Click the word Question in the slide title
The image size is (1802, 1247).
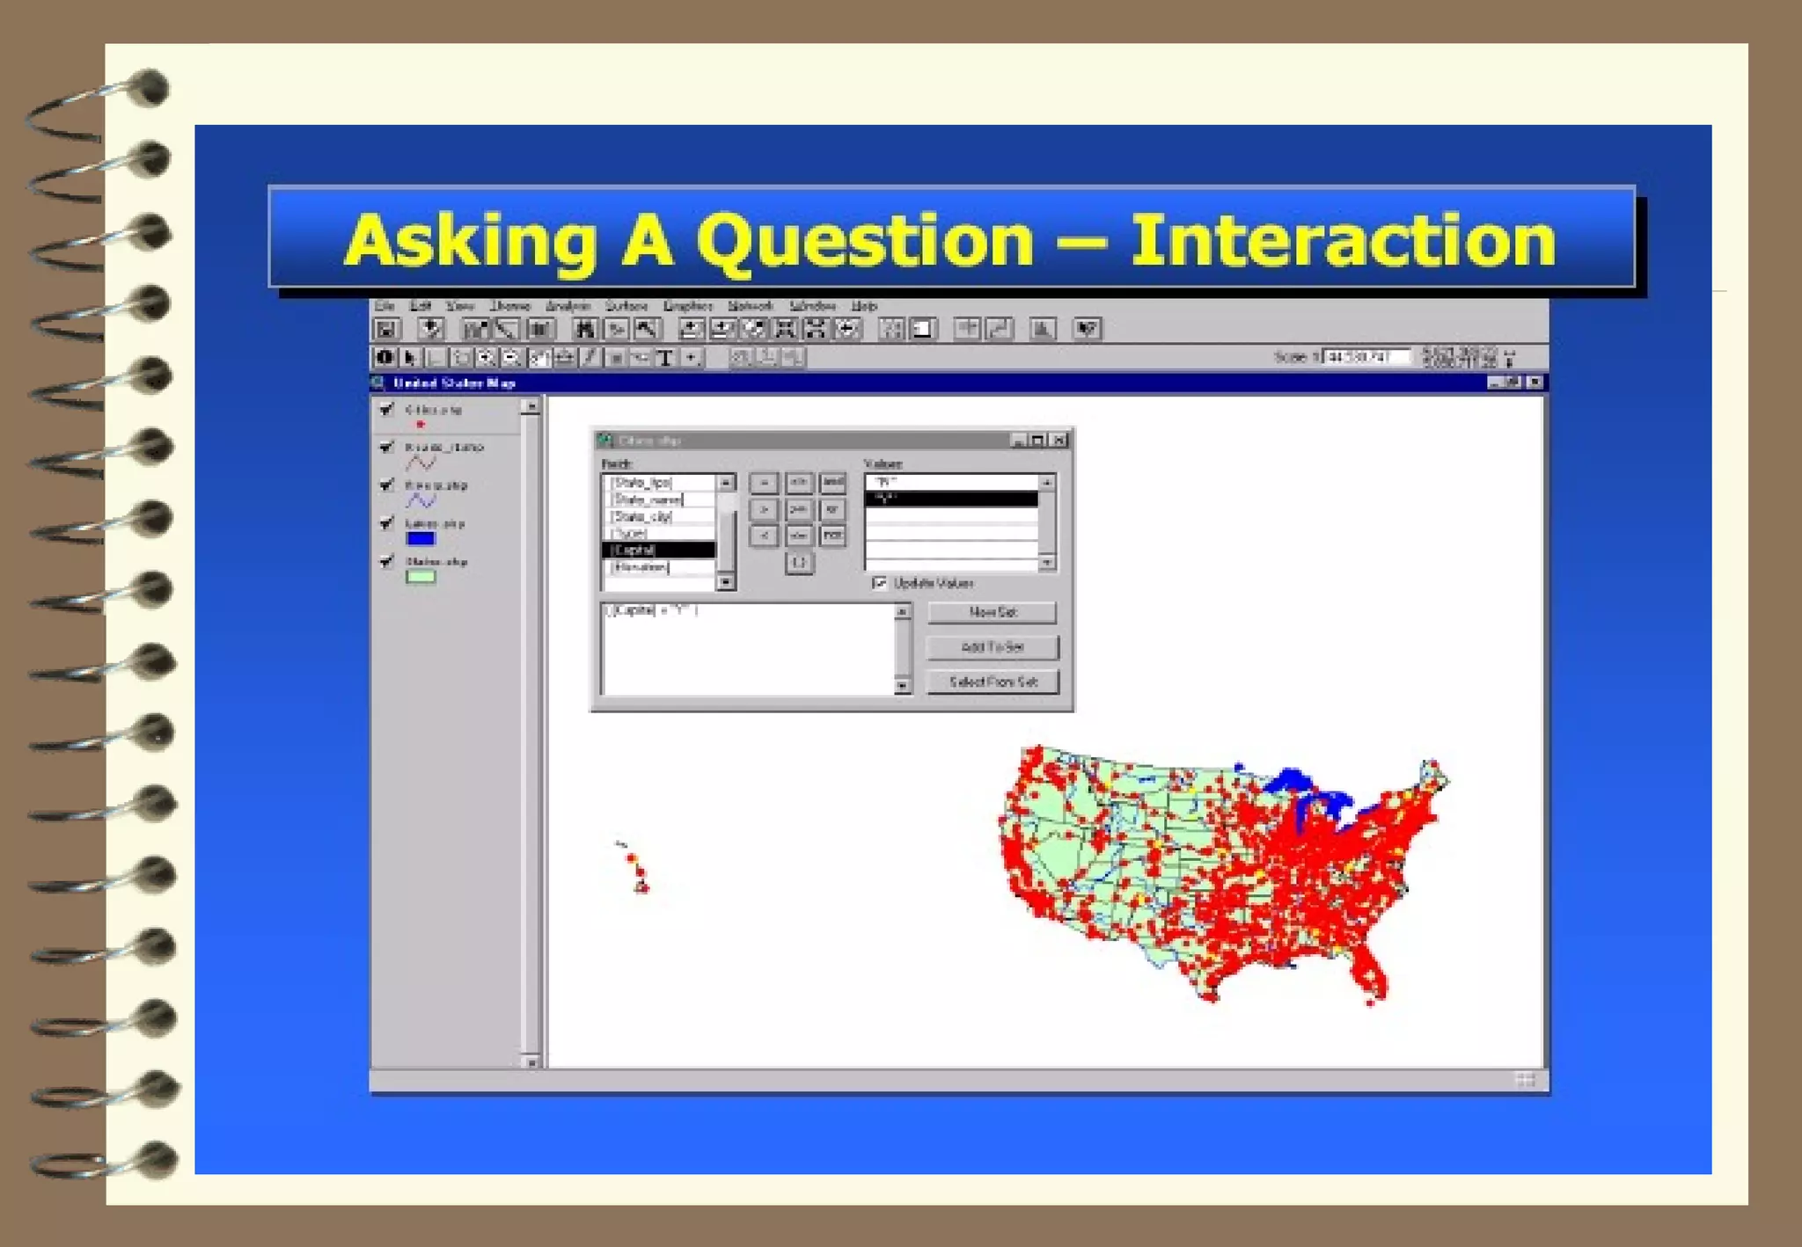[866, 242]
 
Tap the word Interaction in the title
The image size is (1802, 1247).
[1343, 242]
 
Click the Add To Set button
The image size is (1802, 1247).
[993, 647]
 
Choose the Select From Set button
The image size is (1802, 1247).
[993, 682]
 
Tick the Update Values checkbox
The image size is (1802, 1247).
[879, 583]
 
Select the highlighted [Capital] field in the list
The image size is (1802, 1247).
[658, 550]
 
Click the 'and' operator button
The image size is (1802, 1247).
[832, 482]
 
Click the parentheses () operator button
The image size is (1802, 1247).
[798, 562]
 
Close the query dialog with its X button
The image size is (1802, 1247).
[1059, 440]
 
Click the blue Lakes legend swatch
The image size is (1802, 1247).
[421, 538]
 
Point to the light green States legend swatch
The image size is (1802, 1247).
[421, 577]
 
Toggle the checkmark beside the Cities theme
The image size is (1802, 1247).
[386, 409]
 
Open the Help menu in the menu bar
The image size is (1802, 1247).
[864, 306]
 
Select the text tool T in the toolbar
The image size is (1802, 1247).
[665, 357]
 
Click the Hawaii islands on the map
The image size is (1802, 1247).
[637, 871]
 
